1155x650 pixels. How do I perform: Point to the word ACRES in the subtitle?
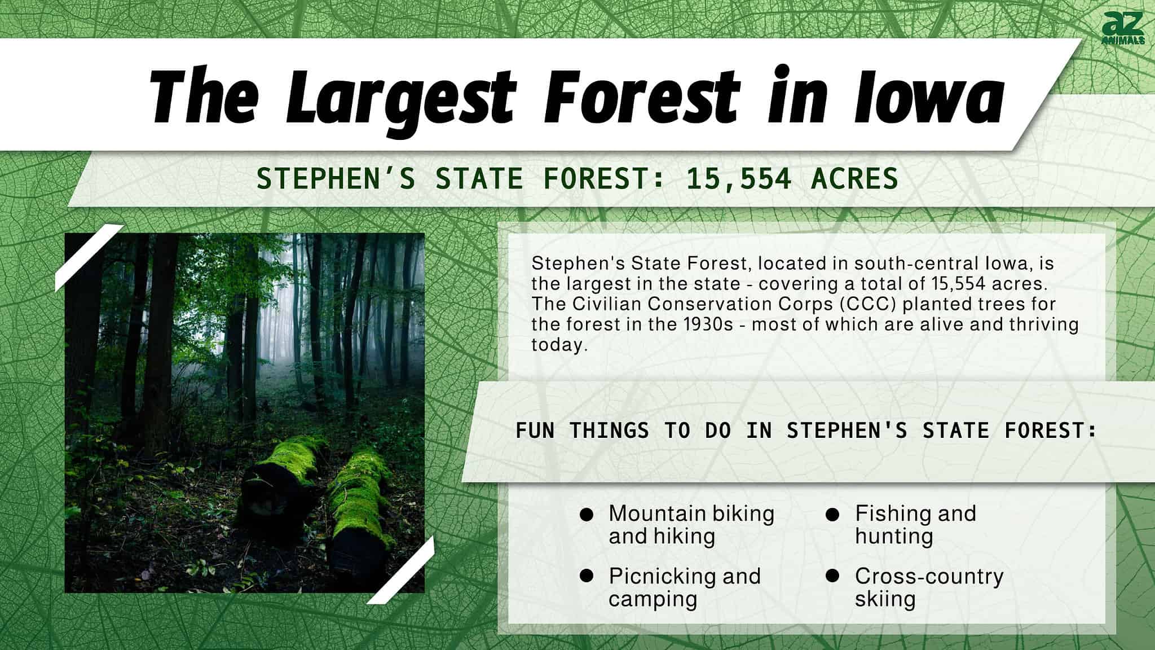[x=854, y=179]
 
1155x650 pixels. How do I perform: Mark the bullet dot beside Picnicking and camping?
[x=587, y=576]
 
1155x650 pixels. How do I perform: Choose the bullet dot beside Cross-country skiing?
[x=832, y=576]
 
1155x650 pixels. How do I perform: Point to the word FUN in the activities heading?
[x=535, y=431]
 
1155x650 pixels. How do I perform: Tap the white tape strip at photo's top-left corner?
[x=89, y=257]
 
